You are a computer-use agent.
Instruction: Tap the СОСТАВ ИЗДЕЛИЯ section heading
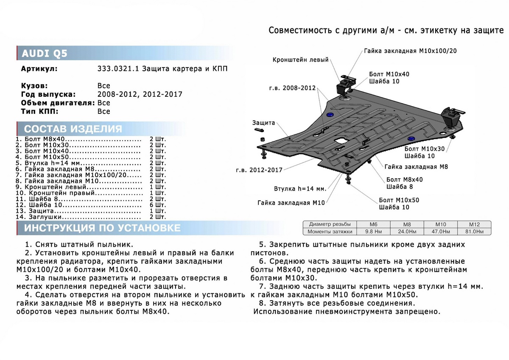point(73,129)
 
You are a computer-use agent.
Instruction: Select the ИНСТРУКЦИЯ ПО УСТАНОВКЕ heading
point(102,228)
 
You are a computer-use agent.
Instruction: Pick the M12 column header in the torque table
point(474,224)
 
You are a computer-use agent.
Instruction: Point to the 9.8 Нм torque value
point(374,231)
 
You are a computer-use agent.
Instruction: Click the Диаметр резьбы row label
point(330,224)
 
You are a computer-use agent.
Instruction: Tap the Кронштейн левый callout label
point(300,60)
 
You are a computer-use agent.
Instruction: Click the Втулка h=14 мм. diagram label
point(299,188)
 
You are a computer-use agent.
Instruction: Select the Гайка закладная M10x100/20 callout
point(410,51)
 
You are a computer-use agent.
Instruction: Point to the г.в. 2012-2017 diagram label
point(259,170)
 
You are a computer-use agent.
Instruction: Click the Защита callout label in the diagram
point(263,123)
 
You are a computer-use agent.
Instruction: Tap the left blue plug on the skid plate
point(330,115)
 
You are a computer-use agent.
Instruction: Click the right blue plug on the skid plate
point(411,139)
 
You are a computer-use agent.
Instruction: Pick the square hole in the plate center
point(341,140)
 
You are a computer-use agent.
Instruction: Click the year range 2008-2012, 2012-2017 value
point(140,94)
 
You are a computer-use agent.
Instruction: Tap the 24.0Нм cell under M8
point(407,231)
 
